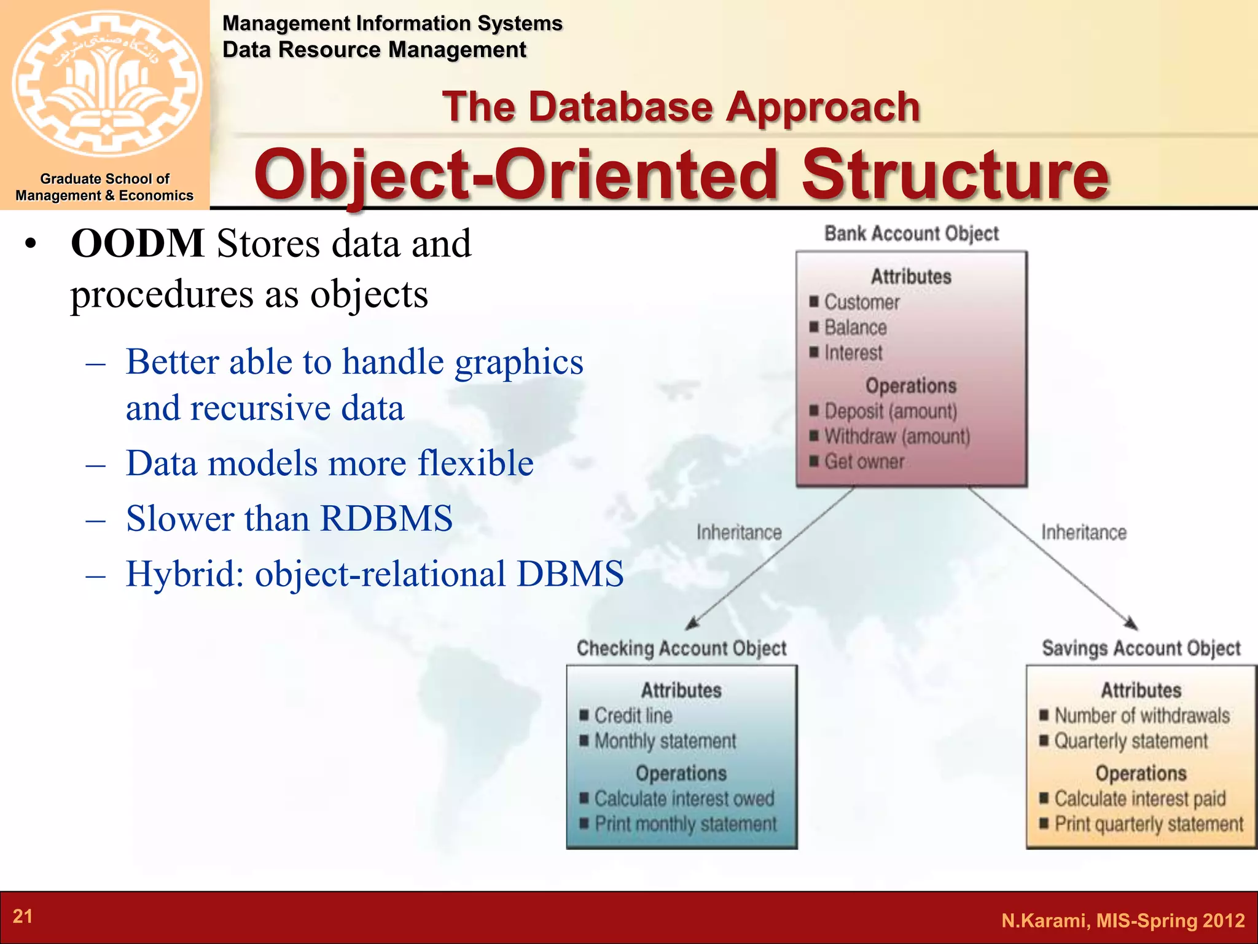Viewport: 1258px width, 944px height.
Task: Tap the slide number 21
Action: click(23, 916)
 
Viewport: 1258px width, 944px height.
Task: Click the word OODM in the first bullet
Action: click(138, 243)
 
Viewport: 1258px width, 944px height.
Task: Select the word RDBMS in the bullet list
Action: click(386, 518)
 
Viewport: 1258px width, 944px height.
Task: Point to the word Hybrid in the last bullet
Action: click(185, 573)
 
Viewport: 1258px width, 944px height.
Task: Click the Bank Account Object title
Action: click(912, 234)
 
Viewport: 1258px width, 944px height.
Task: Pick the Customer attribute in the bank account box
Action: click(861, 302)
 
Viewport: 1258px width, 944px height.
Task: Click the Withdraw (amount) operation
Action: click(897, 436)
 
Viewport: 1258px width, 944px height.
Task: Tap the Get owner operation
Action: click(864, 462)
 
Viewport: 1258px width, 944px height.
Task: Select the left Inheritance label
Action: click(739, 532)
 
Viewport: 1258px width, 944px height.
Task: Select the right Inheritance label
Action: click(1084, 532)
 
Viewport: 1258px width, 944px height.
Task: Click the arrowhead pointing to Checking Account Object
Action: click(693, 624)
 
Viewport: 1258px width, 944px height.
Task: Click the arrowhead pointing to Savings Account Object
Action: click(1131, 623)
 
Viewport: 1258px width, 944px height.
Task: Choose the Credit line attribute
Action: click(633, 715)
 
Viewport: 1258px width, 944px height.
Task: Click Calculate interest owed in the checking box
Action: click(684, 798)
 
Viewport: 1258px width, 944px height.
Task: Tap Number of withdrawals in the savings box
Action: click(1142, 715)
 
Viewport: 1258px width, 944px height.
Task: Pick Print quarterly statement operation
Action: click(1149, 824)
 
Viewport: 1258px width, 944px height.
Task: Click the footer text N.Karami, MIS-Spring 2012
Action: click(1123, 920)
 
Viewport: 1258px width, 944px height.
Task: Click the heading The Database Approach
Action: click(681, 107)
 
